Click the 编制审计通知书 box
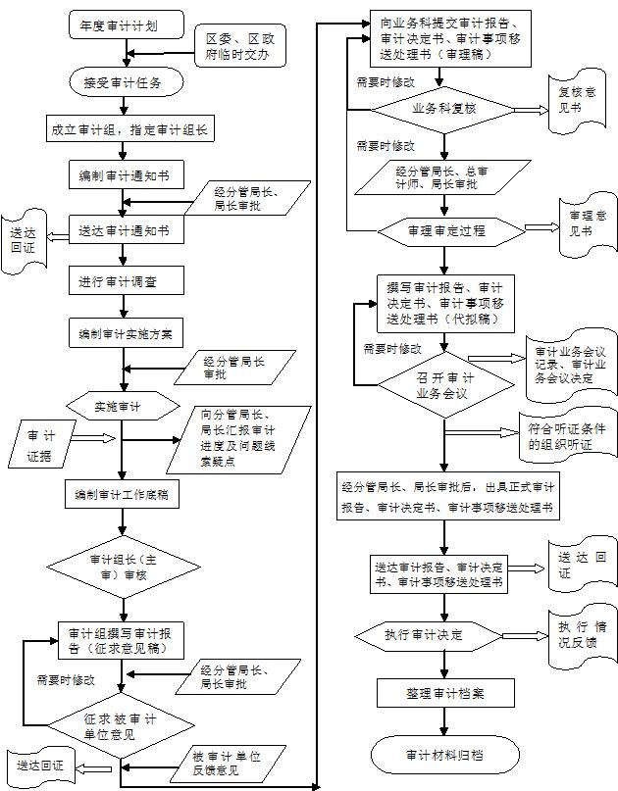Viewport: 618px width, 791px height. coord(122,176)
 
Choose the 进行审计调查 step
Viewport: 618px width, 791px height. coord(122,281)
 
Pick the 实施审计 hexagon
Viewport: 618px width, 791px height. coord(124,405)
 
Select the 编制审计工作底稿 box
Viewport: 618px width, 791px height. coord(122,495)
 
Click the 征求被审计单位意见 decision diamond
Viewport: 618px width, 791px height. coord(123,726)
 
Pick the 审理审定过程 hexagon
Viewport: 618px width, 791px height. coord(446,231)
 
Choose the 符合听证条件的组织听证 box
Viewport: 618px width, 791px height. coord(573,434)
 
